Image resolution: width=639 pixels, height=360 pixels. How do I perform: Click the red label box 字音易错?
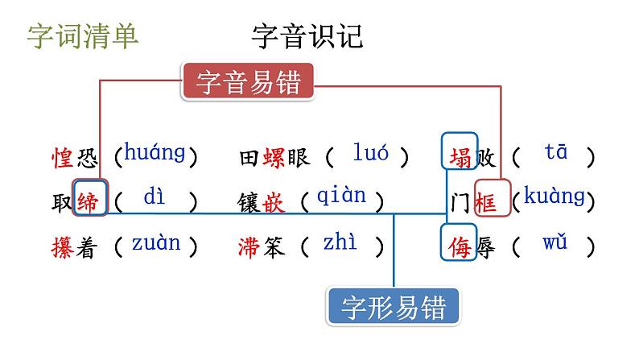(x=247, y=82)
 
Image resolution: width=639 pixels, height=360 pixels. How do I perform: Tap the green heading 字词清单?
(x=83, y=36)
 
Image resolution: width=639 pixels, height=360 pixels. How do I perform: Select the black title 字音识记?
(x=307, y=36)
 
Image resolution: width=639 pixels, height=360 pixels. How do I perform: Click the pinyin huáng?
(x=155, y=152)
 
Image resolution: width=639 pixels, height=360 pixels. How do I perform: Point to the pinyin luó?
(x=371, y=152)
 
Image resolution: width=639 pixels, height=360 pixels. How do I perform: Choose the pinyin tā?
(x=555, y=152)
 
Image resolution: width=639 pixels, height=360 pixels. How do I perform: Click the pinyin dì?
(x=154, y=197)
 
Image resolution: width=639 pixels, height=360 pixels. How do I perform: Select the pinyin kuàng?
(x=554, y=196)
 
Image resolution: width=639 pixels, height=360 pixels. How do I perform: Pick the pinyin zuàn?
(x=156, y=242)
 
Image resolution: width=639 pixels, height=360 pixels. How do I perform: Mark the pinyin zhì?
(x=340, y=242)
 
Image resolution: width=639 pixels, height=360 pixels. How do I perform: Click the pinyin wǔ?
(x=555, y=242)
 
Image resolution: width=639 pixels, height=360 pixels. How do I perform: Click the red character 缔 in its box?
(x=87, y=201)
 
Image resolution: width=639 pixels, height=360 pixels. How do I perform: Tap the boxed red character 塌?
(x=460, y=152)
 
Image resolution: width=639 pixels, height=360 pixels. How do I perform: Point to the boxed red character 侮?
(x=460, y=243)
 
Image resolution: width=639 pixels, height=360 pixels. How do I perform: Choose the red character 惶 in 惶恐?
(x=62, y=155)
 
